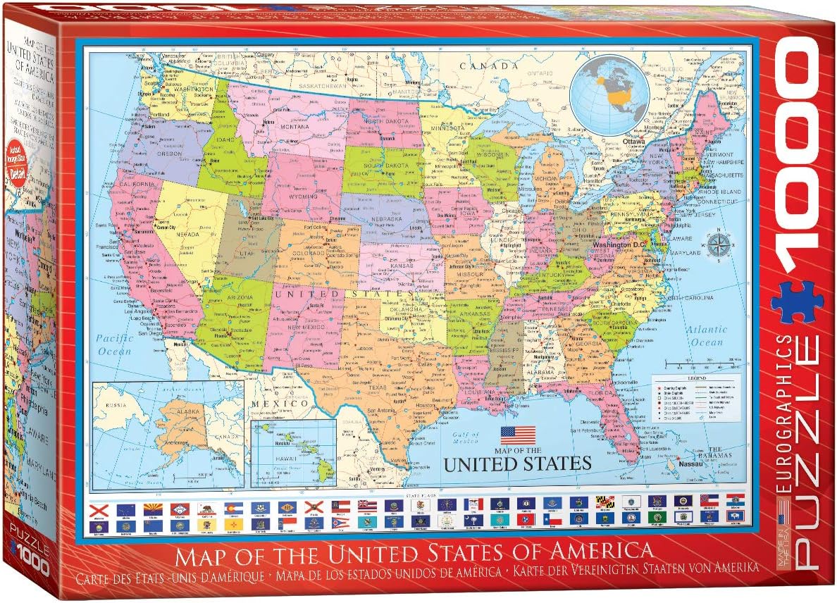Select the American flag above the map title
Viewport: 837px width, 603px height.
click(x=518, y=435)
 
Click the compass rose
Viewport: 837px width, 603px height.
click(x=719, y=245)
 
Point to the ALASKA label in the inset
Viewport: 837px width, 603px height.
click(x=168, y=414)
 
